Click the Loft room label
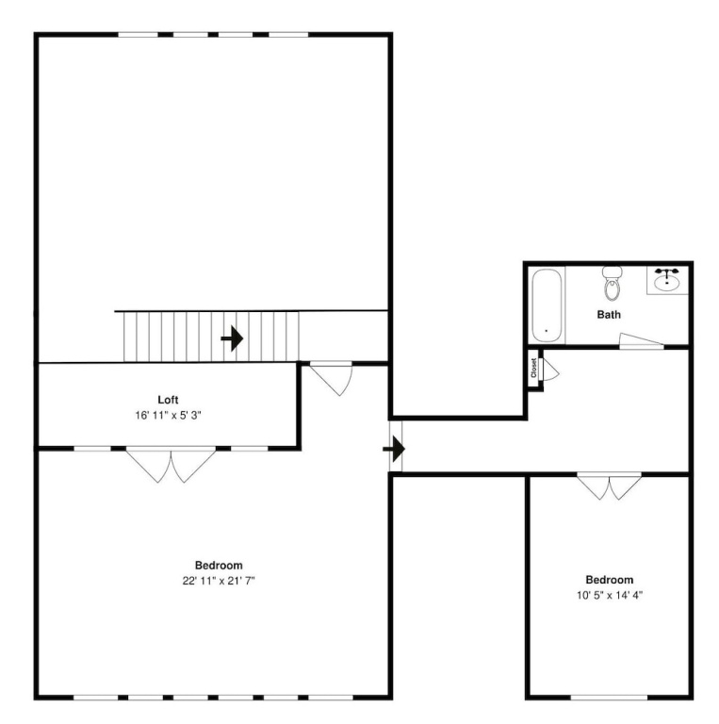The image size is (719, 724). [x=168, y=400]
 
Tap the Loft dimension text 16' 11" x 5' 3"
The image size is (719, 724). [x=168, y=416]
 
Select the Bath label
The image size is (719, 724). [x=609, y=315]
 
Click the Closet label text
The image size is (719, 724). [x=534, y=368]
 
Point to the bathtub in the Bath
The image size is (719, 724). [x=547, y=305]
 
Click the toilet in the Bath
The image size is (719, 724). [x=612, y=283]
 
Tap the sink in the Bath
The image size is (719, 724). [x=667, y=280]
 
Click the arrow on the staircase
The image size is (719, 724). [x=232, y=338]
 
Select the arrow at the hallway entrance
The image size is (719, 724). [x=394, y=449]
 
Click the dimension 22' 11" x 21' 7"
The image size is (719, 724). [x=219, y=581]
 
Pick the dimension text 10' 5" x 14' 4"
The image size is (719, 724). [x=609, y=595]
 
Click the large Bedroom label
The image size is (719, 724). [x=219, y=566]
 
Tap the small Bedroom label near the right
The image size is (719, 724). [x=609, y=580]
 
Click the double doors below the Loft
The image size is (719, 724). [x=172, y=464]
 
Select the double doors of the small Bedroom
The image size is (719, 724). [x=609, y=486]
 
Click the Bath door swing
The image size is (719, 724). [x=642, y=340]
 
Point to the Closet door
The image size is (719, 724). [x=550, y=369]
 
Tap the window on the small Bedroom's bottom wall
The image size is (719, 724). [x=609, y=698]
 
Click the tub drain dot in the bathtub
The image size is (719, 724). [x=547, y=331]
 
